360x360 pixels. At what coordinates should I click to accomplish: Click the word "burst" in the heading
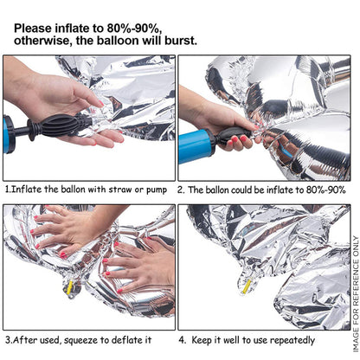pos(181,41)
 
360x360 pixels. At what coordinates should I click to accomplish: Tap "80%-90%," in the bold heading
pos(134,29)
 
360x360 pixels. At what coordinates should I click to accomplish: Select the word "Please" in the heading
pos(33,29)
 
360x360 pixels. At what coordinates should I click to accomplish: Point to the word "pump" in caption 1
pos(157,190)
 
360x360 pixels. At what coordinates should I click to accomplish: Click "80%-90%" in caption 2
pos(326,190)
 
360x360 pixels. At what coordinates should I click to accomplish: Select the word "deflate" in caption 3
pos(125,340)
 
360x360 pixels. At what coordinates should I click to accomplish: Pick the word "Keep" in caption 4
pos(202,340)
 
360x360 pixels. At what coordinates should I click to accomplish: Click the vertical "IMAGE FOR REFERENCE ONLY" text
pos(356,294)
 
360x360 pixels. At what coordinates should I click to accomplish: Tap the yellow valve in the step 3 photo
pos(69,287)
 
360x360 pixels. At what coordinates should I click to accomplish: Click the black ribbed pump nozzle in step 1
pos(58,125)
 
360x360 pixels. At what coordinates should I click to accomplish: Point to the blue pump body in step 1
pos(8,134)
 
